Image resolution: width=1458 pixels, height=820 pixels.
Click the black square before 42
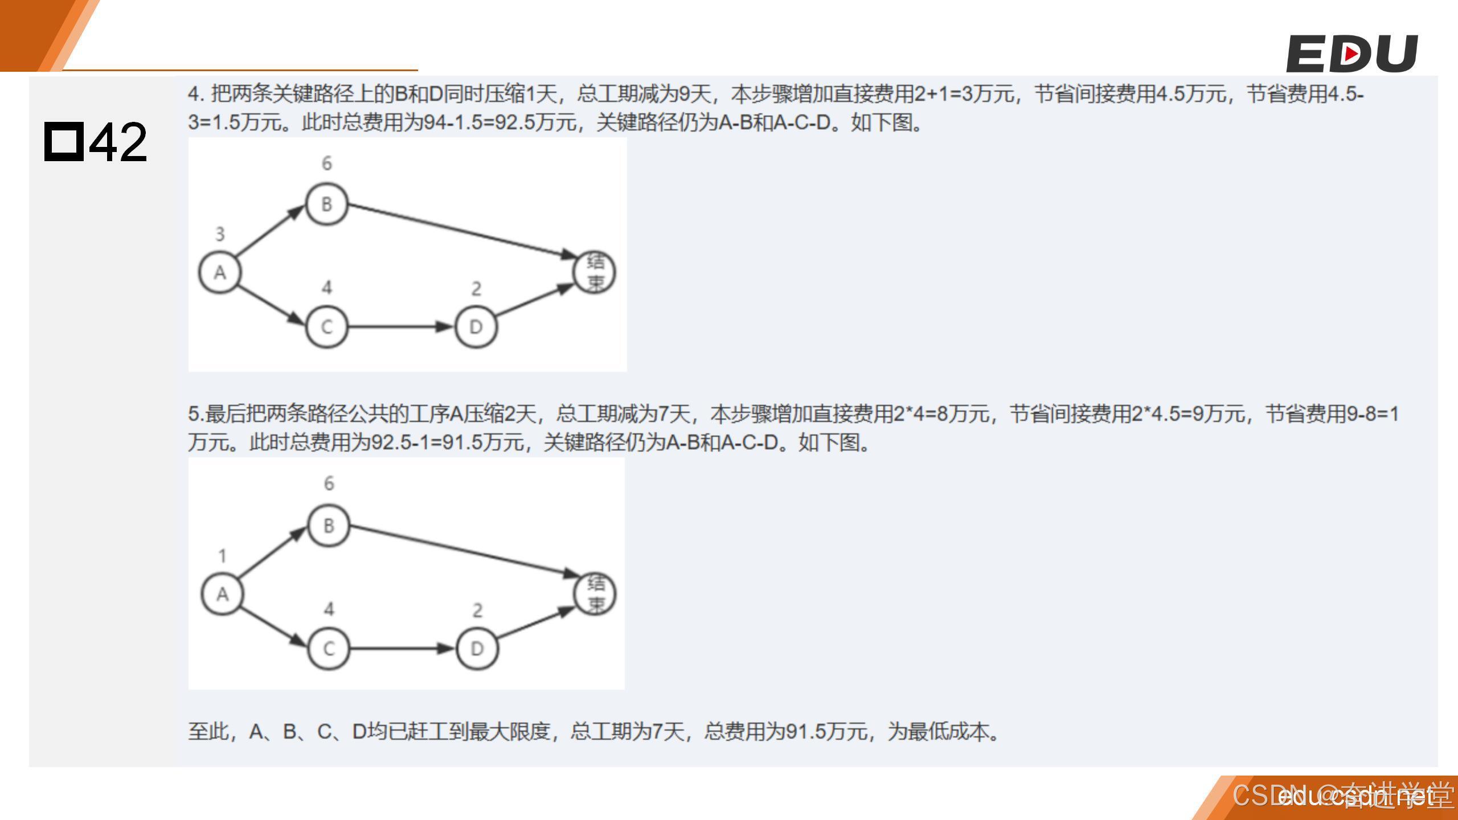tap(64, 141)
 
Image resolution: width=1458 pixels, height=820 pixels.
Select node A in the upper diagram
tap(220, 273)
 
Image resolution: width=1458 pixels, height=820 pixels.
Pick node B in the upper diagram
tap(326, 204)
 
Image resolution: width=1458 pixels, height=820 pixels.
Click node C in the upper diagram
tap(326, 327)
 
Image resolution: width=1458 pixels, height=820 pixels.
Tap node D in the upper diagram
tap(476, 327)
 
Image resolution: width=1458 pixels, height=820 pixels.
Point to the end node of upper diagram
tap(594, 272)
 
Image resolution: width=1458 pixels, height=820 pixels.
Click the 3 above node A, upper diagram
tap(220, 234)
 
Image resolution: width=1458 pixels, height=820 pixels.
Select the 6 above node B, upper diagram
tap(326, 163)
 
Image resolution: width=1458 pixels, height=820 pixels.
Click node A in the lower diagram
tap(222, 594)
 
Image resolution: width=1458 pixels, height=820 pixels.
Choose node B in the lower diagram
tap(329, 525)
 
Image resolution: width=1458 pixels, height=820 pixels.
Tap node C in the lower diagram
tap(329, 649)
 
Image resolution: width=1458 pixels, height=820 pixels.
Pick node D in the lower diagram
tap(477, 649)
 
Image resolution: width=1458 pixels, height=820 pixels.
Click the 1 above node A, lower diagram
tap(222, 556)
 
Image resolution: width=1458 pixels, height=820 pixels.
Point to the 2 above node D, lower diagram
tap(477, 610)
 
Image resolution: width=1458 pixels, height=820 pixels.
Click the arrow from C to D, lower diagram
tap(402, 649)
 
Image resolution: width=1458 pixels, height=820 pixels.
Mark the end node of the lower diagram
tap(595, 593)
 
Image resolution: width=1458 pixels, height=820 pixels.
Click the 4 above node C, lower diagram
tap(329, 609)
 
